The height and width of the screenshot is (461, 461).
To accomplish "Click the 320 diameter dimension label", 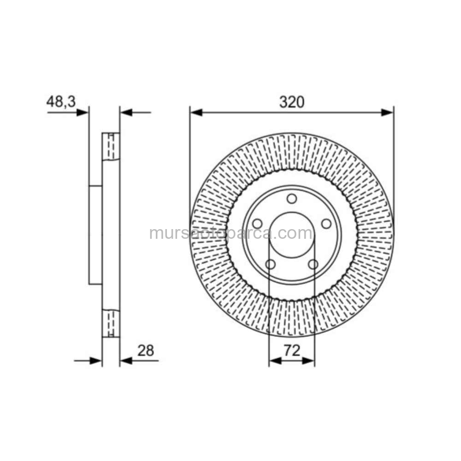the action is click(x=292, y=102).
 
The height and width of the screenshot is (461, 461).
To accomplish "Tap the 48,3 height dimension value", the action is click(x=61, y=102).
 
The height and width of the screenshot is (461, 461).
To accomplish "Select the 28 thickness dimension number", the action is click(x=146, y=350).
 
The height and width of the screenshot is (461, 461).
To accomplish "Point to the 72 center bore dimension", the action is click(x=292, y=350).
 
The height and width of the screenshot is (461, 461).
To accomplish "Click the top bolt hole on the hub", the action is click(x=292, y=199).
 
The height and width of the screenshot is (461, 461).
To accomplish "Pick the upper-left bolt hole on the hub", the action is click(x=257, y=224).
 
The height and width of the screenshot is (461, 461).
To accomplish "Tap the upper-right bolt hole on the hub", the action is click(x=326, y=224).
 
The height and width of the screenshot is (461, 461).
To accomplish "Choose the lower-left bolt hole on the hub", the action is click(x=271, y=264).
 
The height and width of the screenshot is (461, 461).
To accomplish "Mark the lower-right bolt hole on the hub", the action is click(x=313, y=264).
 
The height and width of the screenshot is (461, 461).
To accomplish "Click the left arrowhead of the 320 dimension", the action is click(x=196, y=112).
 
